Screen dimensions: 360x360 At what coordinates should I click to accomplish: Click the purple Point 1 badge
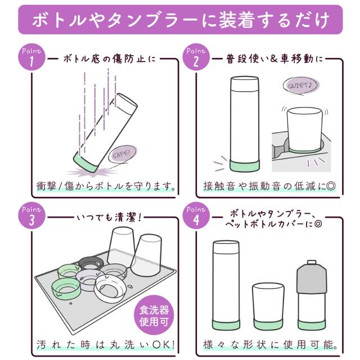click(x=31, y=57)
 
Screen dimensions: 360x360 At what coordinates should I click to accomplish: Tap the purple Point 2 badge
click(x=196, y=57)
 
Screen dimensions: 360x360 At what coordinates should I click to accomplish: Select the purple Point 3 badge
click(x=31, y=215)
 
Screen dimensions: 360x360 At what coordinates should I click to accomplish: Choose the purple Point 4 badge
click(x=196, y=215)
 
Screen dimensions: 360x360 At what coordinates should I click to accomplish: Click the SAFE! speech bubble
click(x=123, y=154)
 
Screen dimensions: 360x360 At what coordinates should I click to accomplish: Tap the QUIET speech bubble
click(x=301, y=85)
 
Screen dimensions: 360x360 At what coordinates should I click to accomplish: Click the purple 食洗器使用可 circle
click(x=154, y=315)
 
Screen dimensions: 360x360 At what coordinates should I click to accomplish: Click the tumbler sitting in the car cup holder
click(x=304, y=130)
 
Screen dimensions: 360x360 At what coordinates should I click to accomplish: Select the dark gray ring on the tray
click(x=91, y=263)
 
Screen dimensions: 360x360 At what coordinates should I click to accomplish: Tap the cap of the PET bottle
click(x=312, y=263)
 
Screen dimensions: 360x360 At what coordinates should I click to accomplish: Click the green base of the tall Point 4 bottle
click(x=226, y=324)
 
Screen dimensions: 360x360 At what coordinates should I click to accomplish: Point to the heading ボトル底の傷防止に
click(x=110, y=59)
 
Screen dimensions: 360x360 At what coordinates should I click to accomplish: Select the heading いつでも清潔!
click(x=109, y=217)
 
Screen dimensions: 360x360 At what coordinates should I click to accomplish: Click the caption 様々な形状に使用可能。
click(x=270, y=345)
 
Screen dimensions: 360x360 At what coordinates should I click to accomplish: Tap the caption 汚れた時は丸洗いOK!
click(x=106, y=345)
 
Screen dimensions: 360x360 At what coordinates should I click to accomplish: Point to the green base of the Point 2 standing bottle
click(x=245, y=165)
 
